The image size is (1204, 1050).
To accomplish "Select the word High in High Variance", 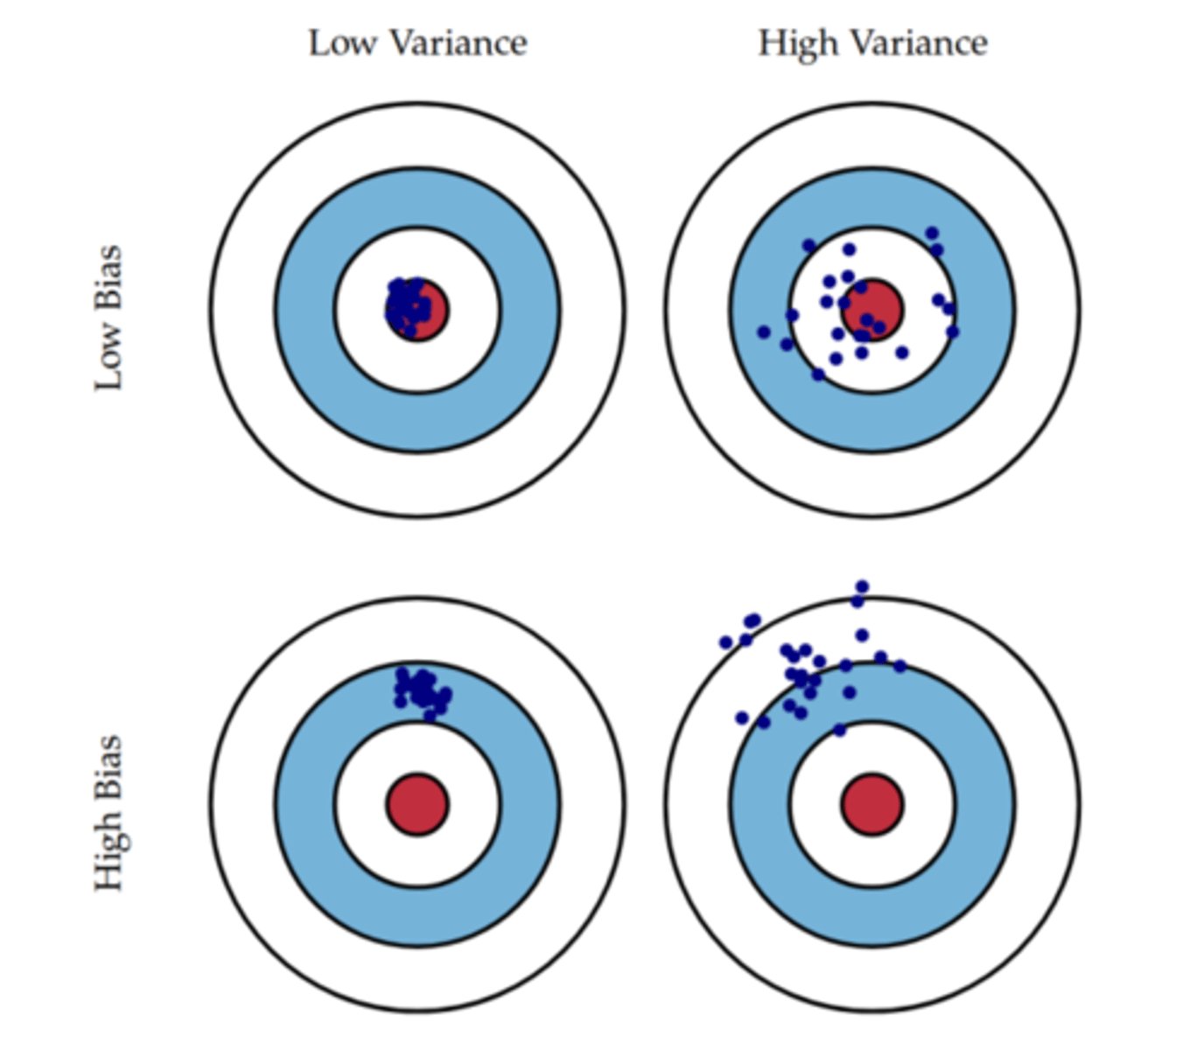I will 793,44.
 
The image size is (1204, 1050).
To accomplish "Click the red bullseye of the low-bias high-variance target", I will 872,309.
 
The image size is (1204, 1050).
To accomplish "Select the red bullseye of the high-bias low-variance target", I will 417,803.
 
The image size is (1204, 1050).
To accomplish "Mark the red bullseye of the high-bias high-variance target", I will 872,803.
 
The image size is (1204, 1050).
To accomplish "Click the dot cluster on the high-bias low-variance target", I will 422,690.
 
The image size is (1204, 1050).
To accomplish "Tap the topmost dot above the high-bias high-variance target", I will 862,586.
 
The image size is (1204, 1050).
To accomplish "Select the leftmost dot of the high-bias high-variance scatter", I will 725,643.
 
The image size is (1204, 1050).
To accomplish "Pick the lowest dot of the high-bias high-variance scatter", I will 839,730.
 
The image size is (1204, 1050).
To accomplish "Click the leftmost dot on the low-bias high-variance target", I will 763,332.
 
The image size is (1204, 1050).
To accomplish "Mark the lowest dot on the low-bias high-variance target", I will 818,374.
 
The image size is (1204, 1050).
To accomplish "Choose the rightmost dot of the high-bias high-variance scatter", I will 899,666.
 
